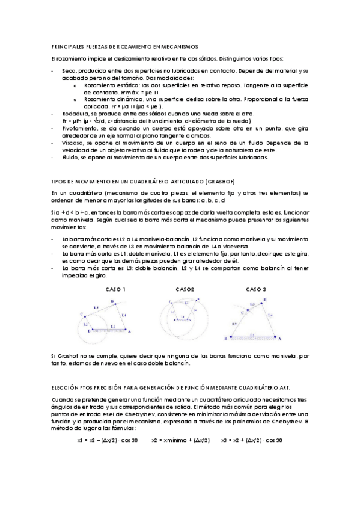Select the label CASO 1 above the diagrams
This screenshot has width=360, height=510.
(x=115, y=289)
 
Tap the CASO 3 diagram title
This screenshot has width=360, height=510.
(x=256, y=289)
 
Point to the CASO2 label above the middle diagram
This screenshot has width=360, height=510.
(x=185, y=289)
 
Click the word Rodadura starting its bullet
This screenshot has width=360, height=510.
(x=74, y=114)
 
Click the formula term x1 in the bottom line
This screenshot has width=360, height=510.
(x=80, y=440)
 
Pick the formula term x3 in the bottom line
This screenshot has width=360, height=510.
(x=226, y=440)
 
